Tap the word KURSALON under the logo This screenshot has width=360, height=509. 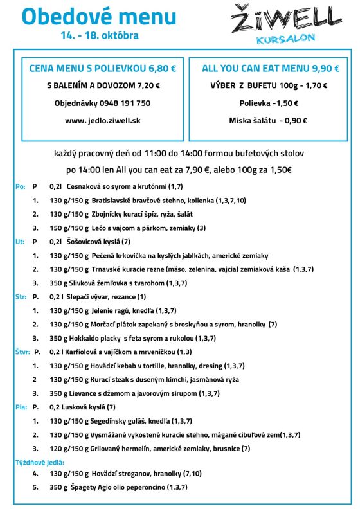tap(285, 39)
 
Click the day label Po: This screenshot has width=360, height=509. tap(19, 186)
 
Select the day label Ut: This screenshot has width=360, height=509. tap(19, 242)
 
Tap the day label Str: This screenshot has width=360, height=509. tap(21, 297)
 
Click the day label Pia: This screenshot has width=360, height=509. tap(21, 407)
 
